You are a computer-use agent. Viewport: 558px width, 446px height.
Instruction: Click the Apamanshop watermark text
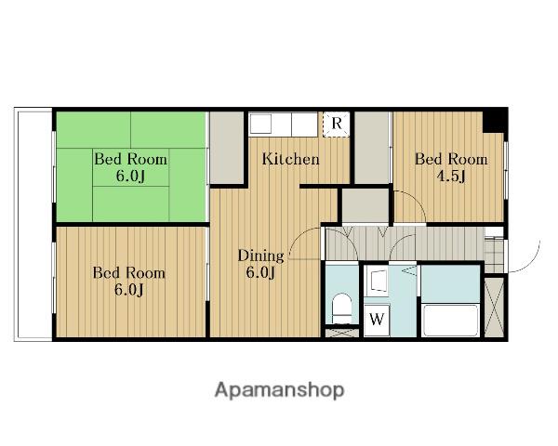pos(279,390)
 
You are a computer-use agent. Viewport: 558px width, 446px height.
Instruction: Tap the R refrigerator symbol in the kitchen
pos(337,124)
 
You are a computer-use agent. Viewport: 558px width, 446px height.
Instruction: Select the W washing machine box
pos(377,319)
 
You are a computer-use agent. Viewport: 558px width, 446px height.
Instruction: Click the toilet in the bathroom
pos(341,308)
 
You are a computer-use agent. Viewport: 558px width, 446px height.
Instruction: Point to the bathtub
pos(451,320)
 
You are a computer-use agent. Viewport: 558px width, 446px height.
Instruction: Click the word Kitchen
pos(290,159)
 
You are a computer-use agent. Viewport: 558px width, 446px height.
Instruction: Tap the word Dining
pos(260,256)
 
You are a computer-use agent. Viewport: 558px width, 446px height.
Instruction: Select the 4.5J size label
pos(451,176)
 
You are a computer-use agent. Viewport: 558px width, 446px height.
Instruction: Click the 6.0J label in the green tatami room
pos(130,176)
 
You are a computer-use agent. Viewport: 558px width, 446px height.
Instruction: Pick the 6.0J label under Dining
pos(260,273)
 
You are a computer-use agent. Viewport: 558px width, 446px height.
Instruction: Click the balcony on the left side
pos(33,225)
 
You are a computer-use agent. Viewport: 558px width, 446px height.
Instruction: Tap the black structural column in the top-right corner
pos(494,121)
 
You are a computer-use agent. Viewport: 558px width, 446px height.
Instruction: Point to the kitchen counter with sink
pos(283,124)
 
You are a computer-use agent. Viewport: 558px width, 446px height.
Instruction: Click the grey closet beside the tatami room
pos(227,148)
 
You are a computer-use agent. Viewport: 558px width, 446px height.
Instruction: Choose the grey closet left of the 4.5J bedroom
pos(373,148)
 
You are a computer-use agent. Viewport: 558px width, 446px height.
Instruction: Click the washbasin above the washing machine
pos(378,282)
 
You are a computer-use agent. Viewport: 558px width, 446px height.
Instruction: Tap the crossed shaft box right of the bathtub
pos(495,308)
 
